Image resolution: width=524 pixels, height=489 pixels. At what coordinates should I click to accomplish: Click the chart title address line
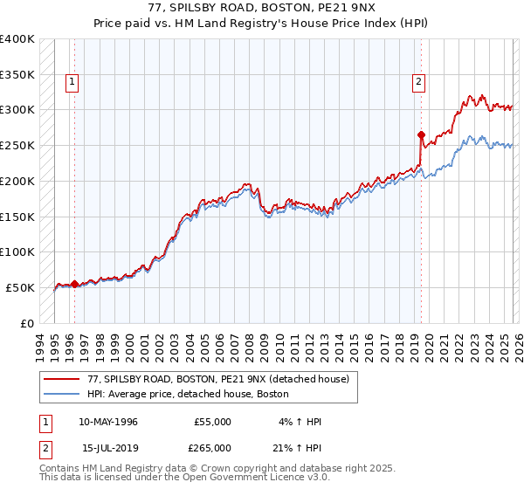(262, 7)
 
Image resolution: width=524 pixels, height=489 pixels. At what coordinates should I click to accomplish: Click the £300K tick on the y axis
(17, 110)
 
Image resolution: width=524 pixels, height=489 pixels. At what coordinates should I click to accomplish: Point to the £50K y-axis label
(20, 287)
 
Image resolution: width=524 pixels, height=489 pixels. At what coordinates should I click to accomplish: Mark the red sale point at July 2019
(421, 135)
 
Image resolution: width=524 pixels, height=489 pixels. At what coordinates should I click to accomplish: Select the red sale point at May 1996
(74, 284)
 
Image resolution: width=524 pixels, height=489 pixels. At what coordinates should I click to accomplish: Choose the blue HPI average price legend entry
(188, 395)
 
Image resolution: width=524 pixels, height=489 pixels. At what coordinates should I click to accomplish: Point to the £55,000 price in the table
(211, 422)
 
